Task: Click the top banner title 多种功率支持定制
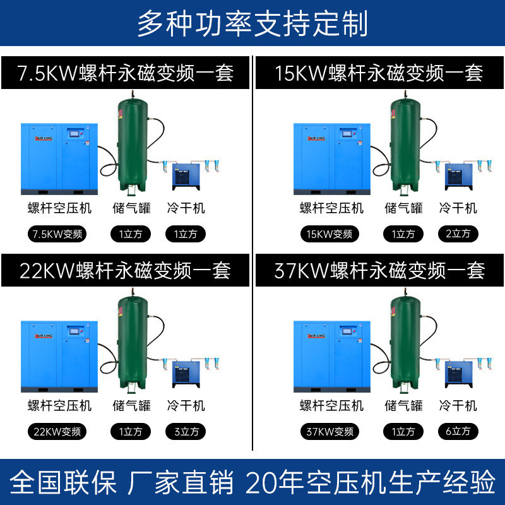coord(252,24)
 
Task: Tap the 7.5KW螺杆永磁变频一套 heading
coord(126,73)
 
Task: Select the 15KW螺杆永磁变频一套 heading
coord(379,73)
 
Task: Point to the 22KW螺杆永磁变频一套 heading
coord(126,271)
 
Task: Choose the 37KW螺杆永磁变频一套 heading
coord(379,271)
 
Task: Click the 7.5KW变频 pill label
coord(57,234)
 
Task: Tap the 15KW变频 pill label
coord(329,234)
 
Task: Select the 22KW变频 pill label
coord(57,432)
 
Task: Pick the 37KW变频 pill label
coord(329,432)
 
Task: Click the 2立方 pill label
coord(458,234)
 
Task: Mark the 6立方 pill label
coord(458,432)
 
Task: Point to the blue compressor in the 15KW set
coord(332,158)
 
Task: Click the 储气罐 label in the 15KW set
coord(404,208)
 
